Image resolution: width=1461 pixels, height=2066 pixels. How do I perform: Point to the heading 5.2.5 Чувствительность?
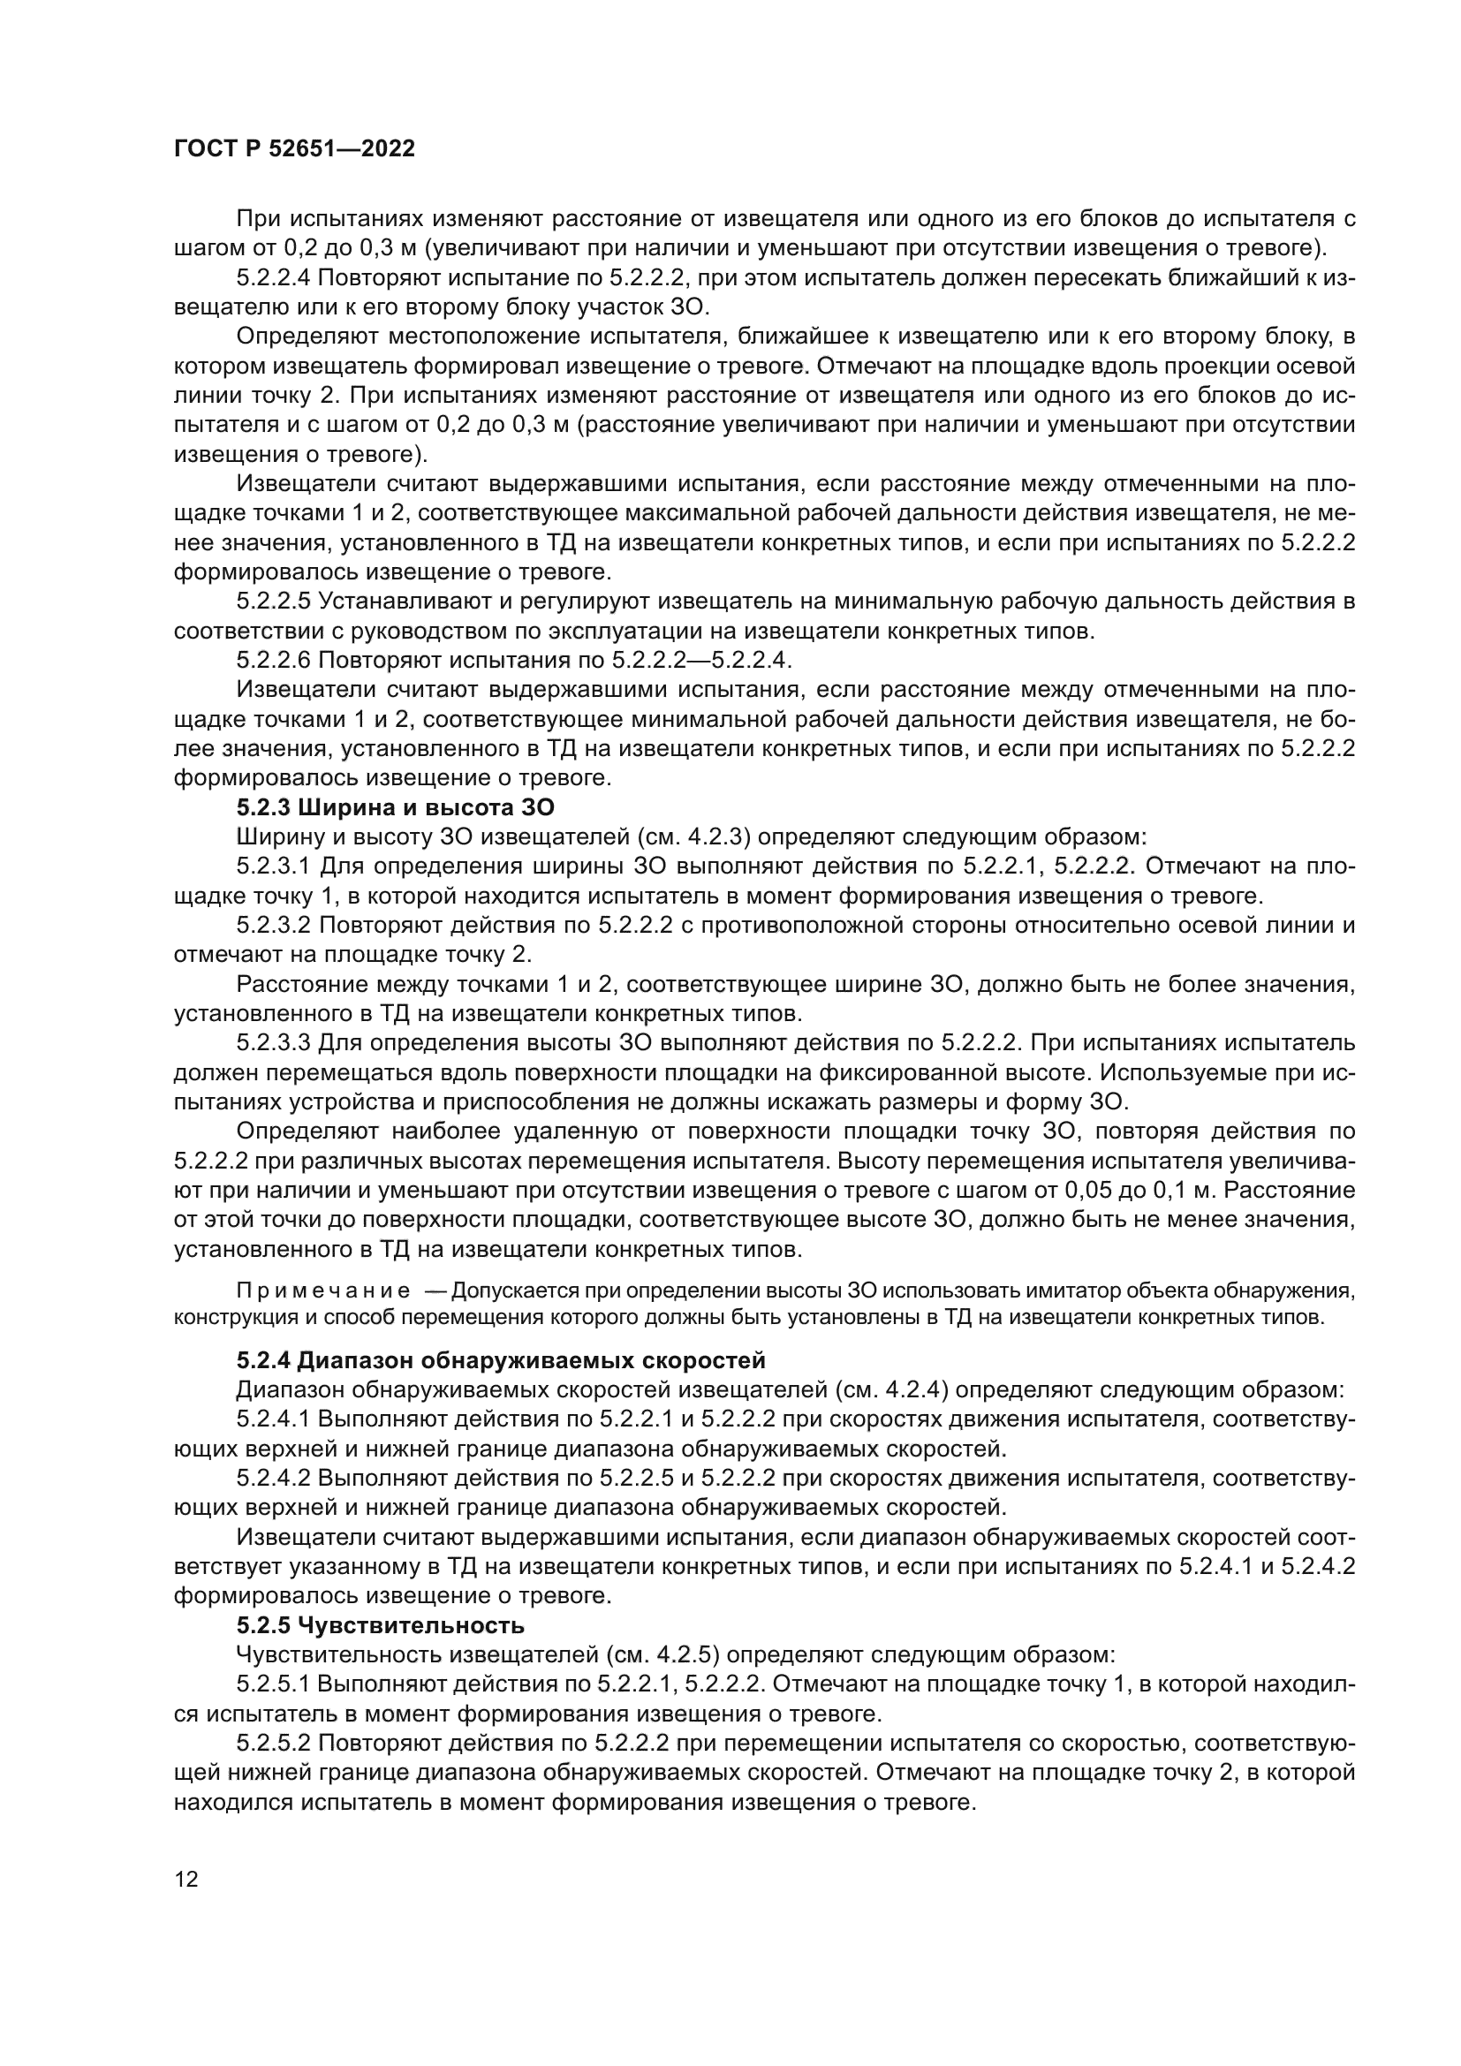click(381, 1625)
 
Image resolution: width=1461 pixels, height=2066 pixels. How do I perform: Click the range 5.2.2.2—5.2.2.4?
click(700, 661)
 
